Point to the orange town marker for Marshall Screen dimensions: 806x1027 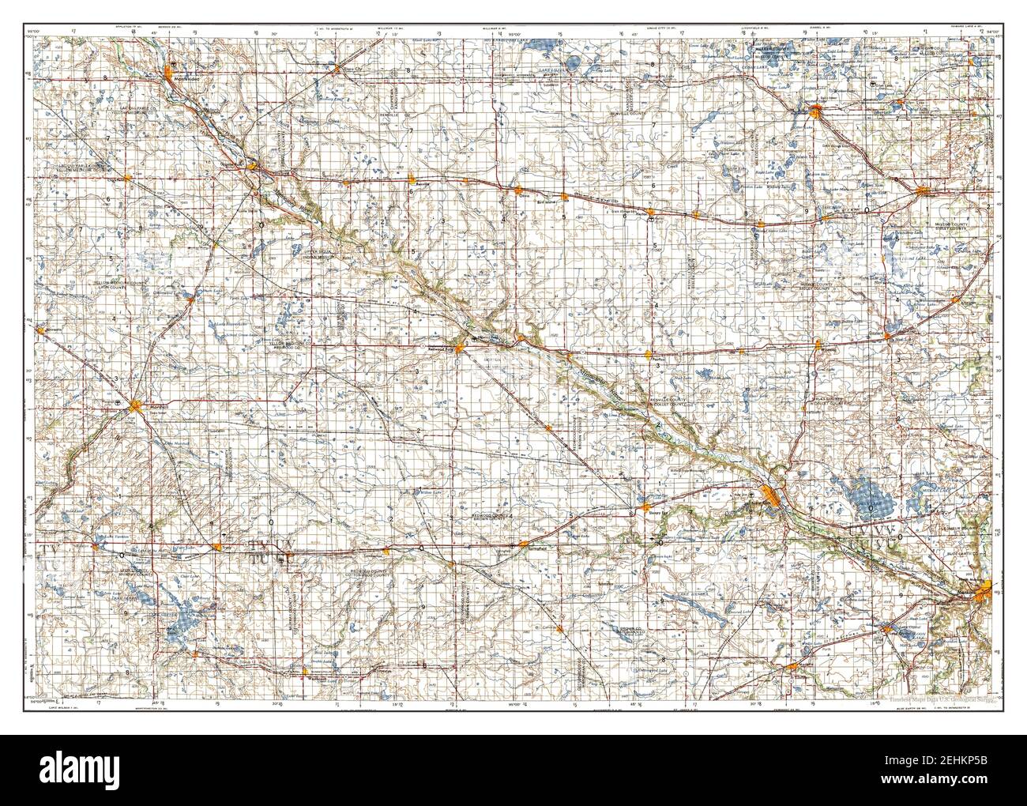click(x=136, y=406)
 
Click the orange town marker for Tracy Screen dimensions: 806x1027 click(x=217, y=545)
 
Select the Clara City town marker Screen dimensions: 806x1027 click(x=337, y=66)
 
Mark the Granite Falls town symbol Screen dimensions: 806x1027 click(x=253, y=167)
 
